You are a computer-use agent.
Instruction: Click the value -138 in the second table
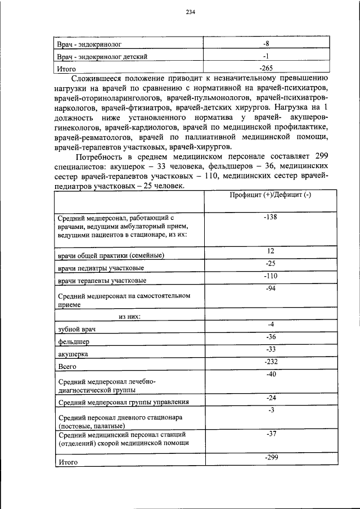click(x=271, y=217)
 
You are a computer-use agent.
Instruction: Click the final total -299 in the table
click(x=271, y=458)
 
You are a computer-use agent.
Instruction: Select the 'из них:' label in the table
click(x=129, y=317)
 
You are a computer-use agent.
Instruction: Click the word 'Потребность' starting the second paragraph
click(x=102, y=156)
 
